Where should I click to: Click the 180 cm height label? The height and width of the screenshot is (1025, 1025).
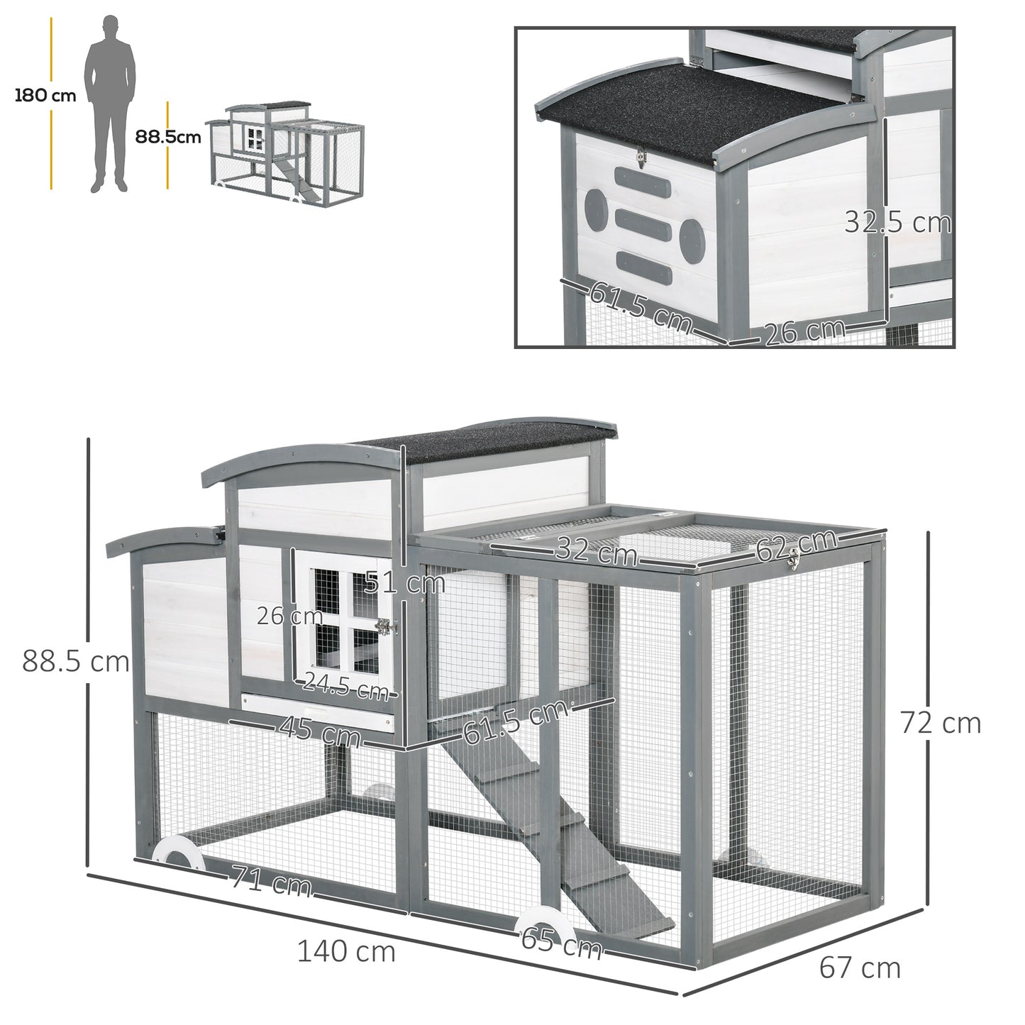click(45, 96)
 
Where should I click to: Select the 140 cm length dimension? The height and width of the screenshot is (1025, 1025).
click(345, 951)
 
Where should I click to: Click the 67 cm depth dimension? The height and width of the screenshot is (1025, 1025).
click(859, 967)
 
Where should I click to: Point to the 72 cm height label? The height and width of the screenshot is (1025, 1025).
click(940, 724)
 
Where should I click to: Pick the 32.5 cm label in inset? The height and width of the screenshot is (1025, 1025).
click(897, 223)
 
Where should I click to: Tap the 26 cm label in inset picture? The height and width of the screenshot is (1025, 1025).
click(804, 331)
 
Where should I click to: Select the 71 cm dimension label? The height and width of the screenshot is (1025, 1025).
click(270, 883)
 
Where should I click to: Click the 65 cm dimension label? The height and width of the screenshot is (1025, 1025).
click(560, 944)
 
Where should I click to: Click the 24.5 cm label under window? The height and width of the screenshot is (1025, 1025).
click(345, 686)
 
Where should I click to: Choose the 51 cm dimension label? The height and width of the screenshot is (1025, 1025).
click(404, 583)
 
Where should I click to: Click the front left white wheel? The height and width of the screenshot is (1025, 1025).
click(174, 852)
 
